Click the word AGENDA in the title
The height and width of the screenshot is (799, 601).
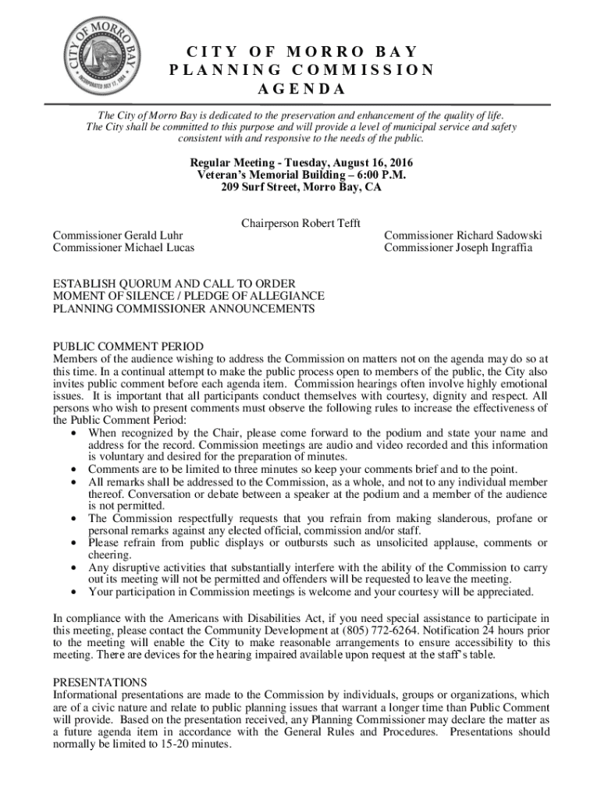(x=301, y=88)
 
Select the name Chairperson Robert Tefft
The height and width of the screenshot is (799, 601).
(x=300, y=224)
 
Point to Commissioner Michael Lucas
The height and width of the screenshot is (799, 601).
(x=123, y=248)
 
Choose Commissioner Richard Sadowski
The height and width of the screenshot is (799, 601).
(x=463, y=236)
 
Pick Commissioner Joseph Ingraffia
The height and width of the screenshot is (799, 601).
(x=458, y=248)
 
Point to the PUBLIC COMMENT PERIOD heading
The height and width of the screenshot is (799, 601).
(x=128, y=346)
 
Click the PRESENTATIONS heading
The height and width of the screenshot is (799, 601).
(x=100, y=682)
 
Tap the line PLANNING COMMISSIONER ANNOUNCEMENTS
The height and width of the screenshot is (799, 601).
(x=183, y=309)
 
